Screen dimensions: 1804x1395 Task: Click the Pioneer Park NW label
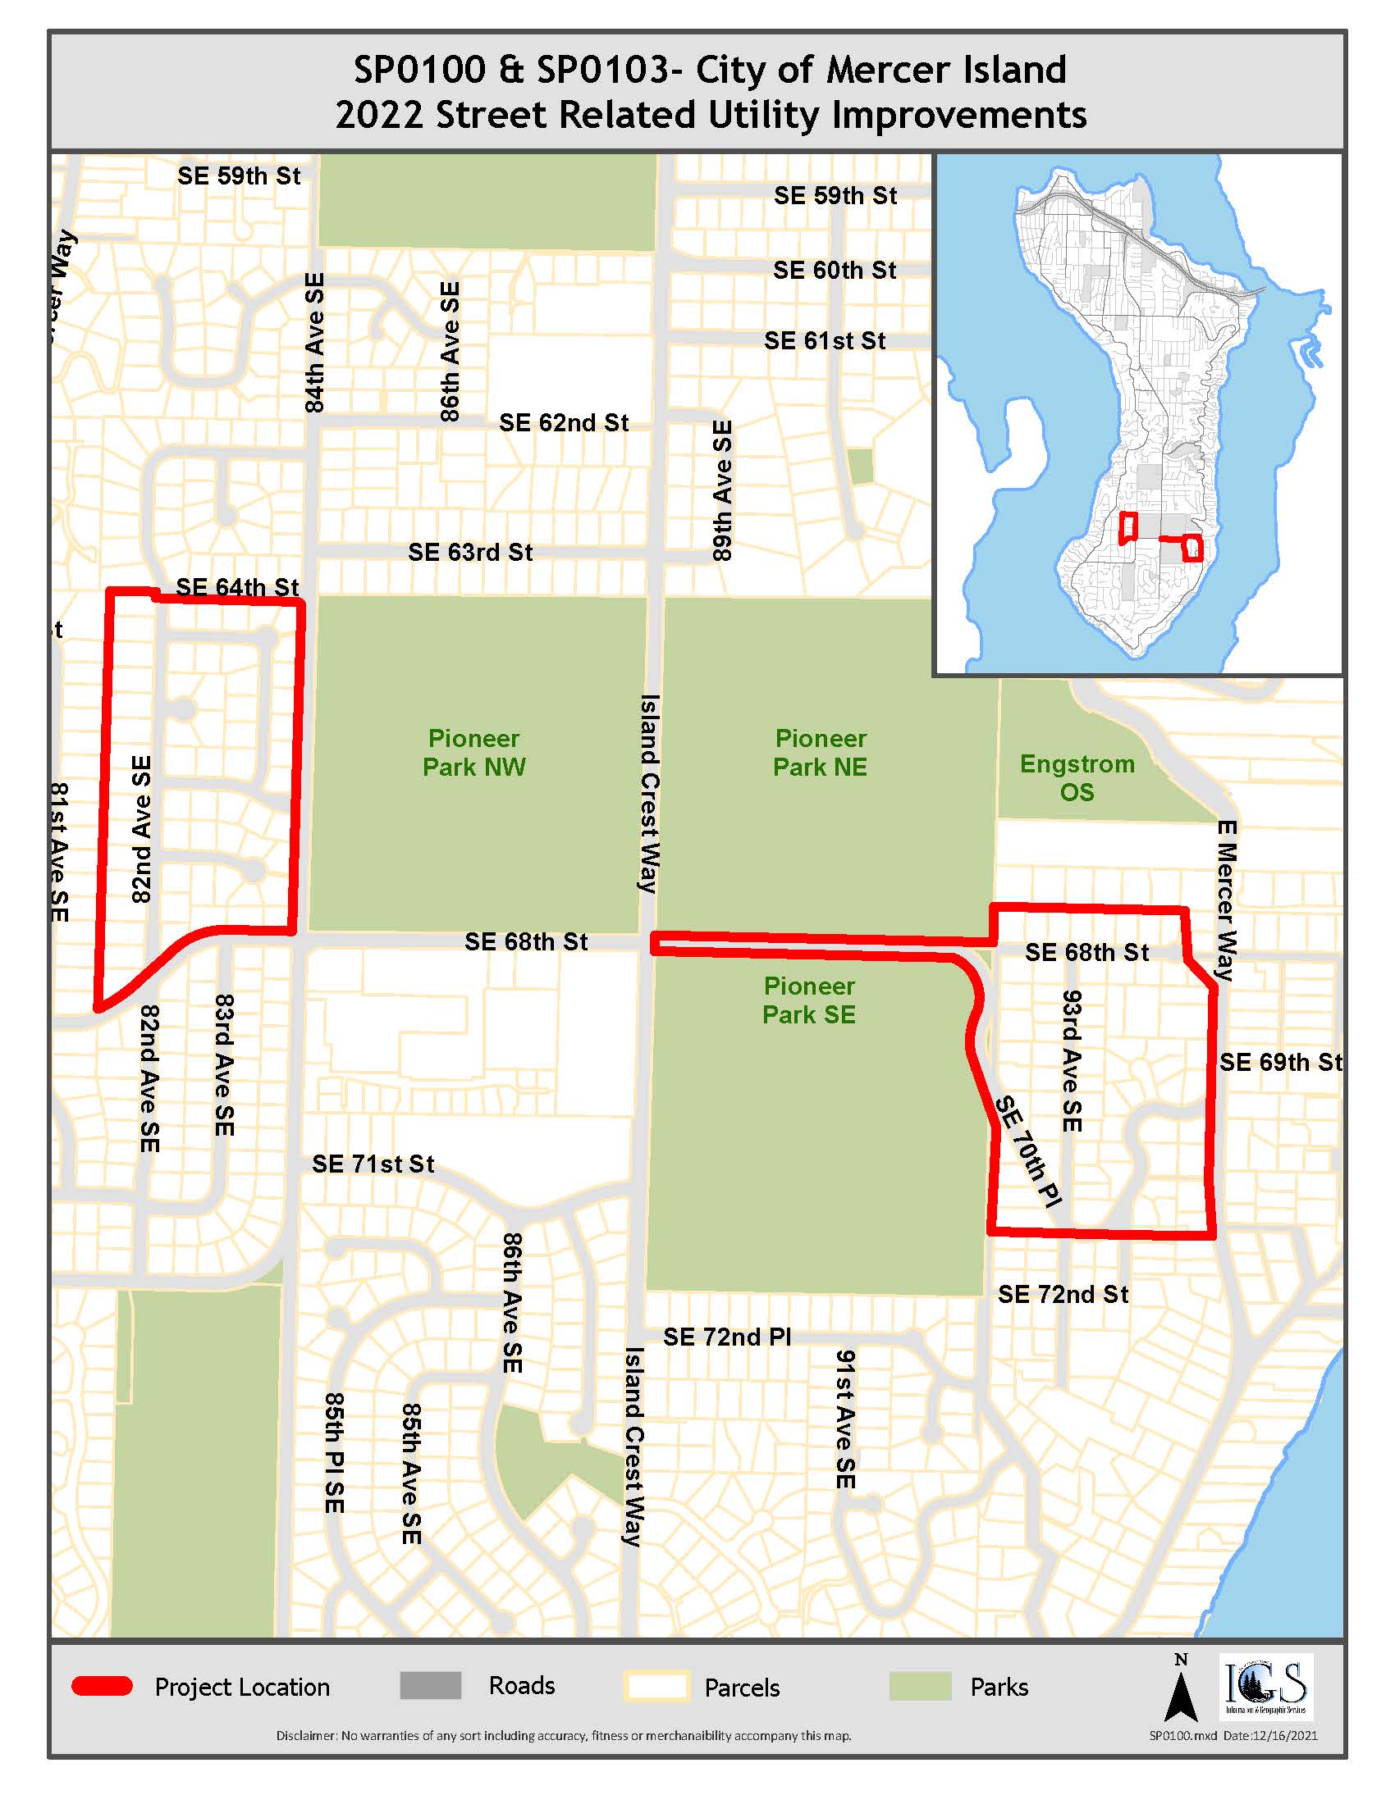coord(473,753)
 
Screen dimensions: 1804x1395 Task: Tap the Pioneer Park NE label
coord(820,753)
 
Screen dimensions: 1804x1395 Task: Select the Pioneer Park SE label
coord(808,1000)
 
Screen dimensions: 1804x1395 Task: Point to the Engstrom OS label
coord(1077,778)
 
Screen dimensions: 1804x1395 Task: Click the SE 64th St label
coord(237,587)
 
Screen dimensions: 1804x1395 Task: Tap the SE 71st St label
coord(373,1164)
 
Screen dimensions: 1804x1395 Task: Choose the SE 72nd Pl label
coord(727,1337)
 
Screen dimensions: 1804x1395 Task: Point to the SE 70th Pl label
coord(1027,1151)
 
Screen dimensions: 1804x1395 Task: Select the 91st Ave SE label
coord(844,1419)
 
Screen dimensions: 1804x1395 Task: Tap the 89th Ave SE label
coord(722,490)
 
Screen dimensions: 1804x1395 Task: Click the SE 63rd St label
coord(470,552)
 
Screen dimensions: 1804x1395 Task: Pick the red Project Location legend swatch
coord(103,1687)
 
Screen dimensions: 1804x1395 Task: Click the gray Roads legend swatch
coord(431,1686)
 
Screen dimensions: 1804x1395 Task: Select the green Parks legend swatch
coord(920,1687)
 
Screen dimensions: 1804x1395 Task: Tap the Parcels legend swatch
coord(657,1687)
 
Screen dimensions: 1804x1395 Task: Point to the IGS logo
coord(1266,1686)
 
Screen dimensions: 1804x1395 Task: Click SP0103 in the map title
coord(601,70)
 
